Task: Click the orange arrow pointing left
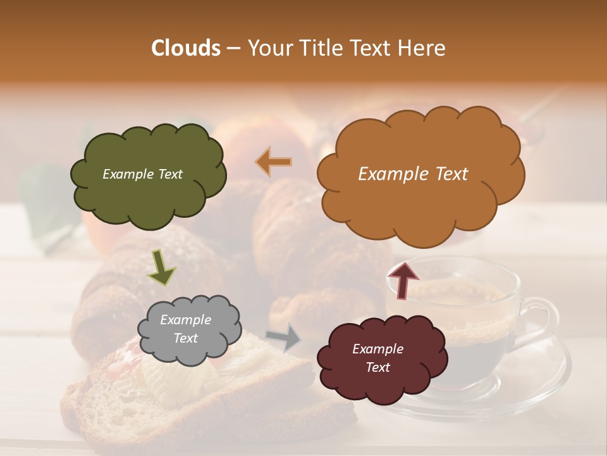click(274, 162)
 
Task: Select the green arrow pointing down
click(161, 267)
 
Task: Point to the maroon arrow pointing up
click(403, 279)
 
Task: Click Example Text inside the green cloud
click(142, 174)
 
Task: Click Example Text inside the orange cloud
click(413, 174)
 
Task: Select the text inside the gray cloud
click(185, 329)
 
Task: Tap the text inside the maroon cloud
click(377, 358)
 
